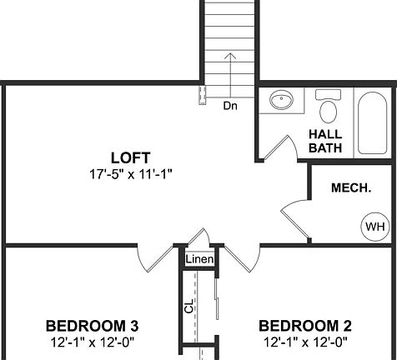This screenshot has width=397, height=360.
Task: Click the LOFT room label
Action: tap(130, 157)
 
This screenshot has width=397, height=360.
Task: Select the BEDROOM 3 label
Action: tap(92, 325)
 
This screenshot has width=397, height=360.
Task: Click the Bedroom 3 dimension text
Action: tap(92, 341)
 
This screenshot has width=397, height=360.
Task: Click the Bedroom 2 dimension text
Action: tap(304, 341)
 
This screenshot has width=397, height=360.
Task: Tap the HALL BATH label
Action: tap(325, 141)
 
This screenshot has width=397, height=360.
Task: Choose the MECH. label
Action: tap(351, 188)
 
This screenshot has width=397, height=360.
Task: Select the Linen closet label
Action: tap(200, 260)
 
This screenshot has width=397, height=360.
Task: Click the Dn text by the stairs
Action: tap(230, 106)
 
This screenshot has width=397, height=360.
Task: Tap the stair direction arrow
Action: tap(231, 75)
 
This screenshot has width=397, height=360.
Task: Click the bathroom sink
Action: tap(281, 102)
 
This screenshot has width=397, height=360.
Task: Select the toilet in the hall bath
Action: tap(328, 108)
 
